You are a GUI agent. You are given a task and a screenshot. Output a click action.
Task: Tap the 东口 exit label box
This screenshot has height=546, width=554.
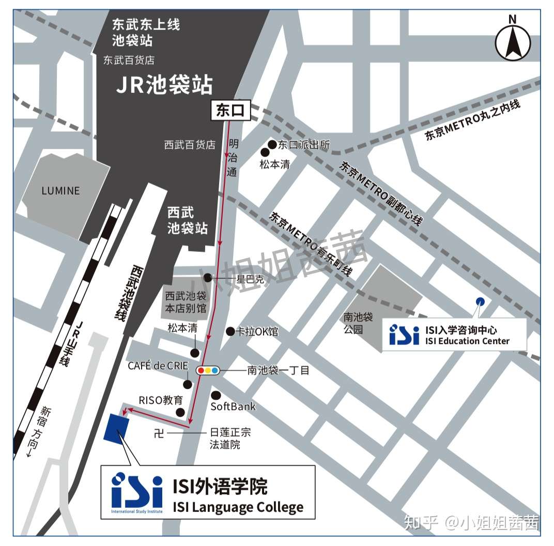tap(229, 111)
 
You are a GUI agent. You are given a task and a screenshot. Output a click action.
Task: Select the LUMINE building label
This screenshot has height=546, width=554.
tap(60, 191)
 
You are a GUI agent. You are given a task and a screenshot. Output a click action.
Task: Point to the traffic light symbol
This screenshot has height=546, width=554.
tap(208, 370)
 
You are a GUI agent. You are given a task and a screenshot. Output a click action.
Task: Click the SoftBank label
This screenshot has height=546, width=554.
tap(233, 407)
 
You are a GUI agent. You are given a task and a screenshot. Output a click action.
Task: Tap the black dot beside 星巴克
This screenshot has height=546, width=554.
tap(208, 278)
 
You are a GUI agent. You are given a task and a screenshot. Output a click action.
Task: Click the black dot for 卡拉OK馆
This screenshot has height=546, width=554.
tap(230, 331)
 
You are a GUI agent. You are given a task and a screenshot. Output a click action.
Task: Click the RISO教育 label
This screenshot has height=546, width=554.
tap(161, 400)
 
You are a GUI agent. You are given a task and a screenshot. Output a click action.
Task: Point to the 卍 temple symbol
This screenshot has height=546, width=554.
tap(159, 433)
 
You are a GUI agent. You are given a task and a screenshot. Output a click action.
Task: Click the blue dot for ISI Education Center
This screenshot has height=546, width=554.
tap(480, 301)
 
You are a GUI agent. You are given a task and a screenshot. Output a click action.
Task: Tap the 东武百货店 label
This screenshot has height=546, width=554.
tap(129, 60)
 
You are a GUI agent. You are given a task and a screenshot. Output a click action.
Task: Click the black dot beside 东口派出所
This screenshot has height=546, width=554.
tap(272, 144)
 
